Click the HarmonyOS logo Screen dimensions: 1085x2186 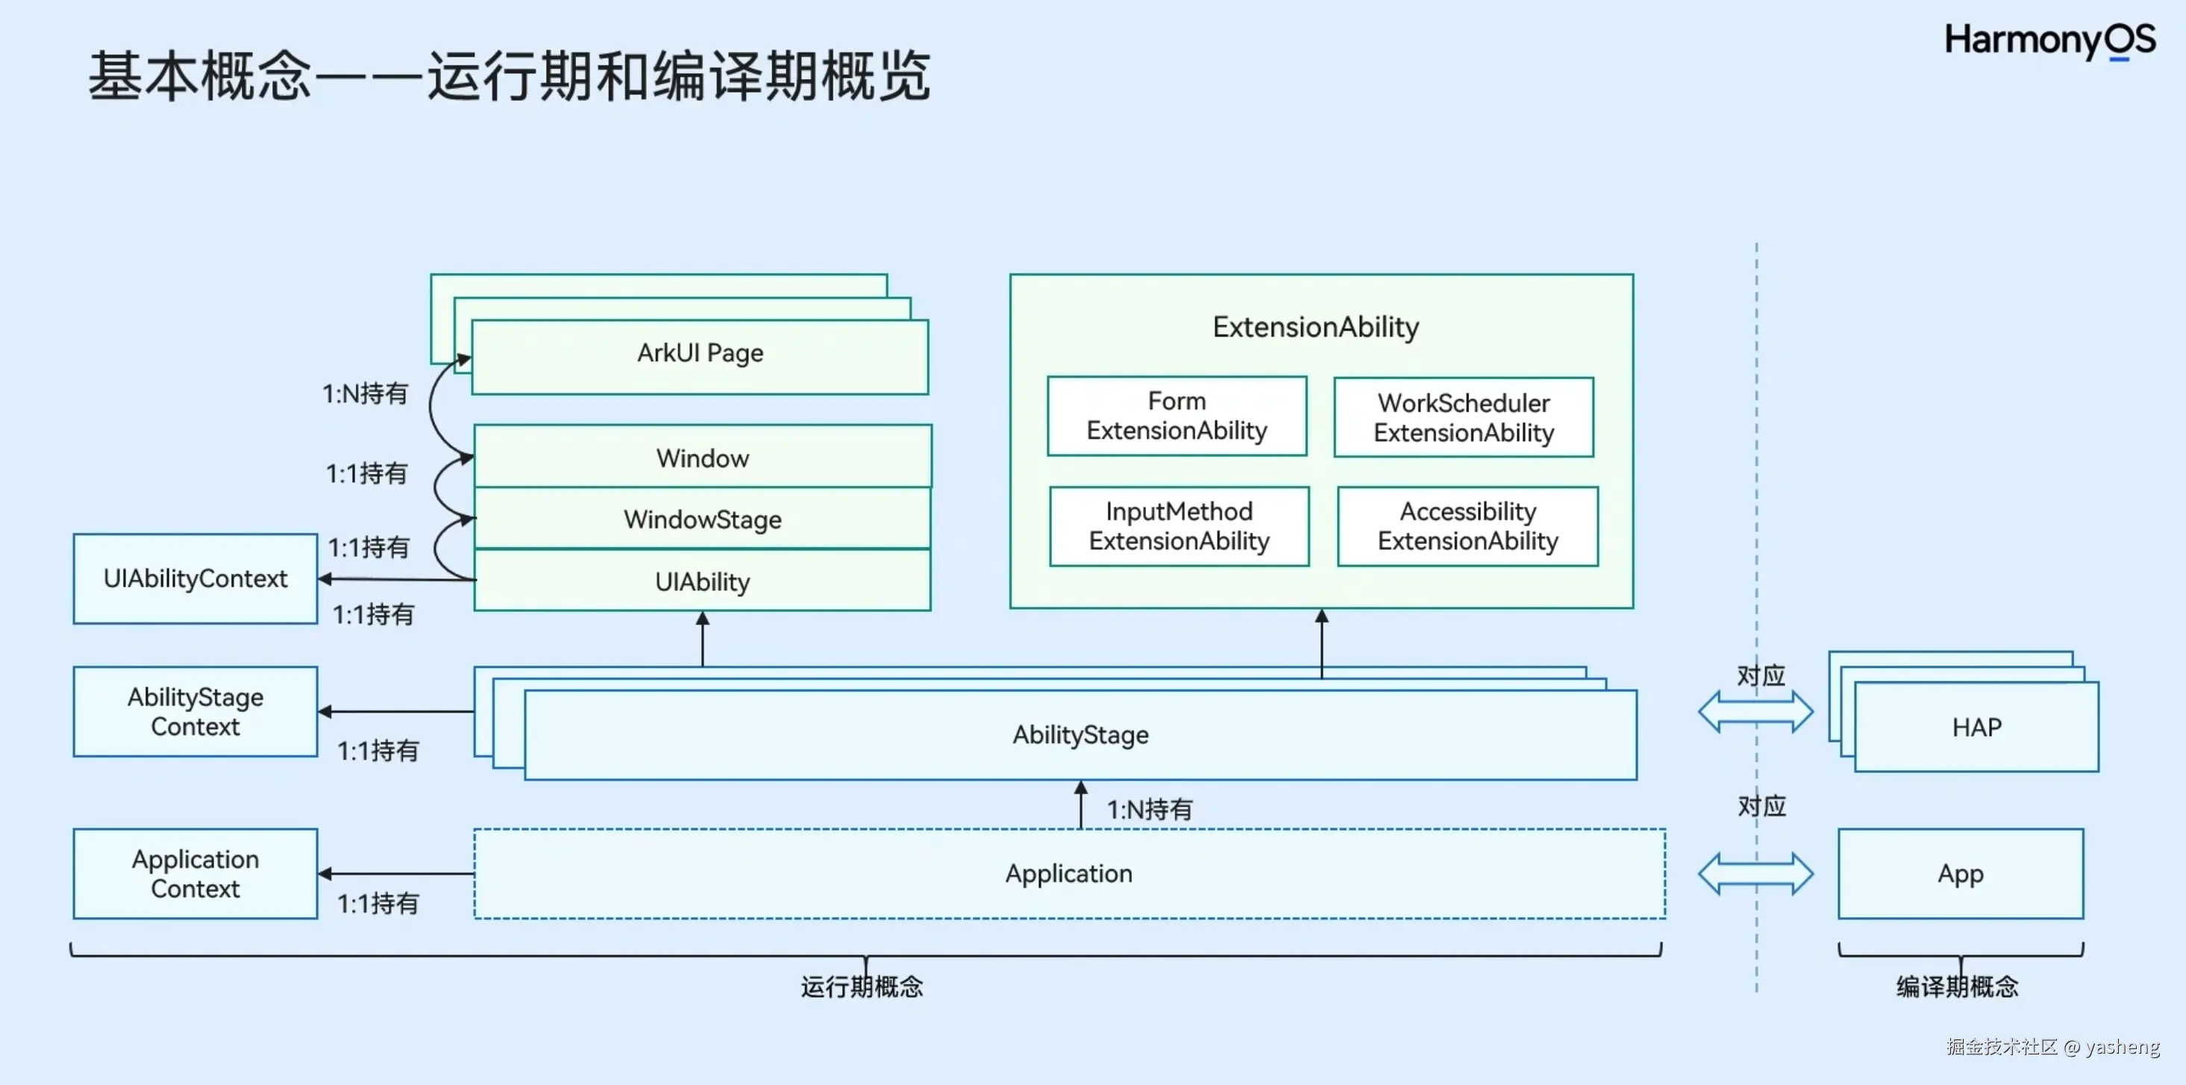tap(2049, 40)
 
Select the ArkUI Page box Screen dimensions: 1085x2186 tap(699, 354)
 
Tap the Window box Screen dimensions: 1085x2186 tap(702, 458)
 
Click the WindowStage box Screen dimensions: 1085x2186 tap(702, 519)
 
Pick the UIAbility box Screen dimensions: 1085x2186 tap(702, 581)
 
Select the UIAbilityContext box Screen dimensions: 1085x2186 tap(195, 579)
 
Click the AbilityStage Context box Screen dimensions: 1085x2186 tap(195, 711)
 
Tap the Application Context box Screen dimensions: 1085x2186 tap(195, 874)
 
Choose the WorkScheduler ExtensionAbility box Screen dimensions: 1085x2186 tap(1463, 418)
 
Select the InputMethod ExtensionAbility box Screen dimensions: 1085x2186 tap(1179, 526)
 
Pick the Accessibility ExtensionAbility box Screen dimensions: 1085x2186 tap(1468, 526)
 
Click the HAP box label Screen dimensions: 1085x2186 tap(1976, 728)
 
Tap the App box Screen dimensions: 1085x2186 tap(1960, 874)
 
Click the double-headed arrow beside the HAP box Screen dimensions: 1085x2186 tap(1755, 711)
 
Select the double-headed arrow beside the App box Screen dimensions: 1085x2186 tap(1755, 874)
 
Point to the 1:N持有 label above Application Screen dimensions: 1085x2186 tap(1149, 809)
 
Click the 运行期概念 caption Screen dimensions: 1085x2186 tap(861, 986)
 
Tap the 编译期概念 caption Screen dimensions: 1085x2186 tap(1957, 986)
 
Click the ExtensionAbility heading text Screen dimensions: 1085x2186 tap(1315, 327)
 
